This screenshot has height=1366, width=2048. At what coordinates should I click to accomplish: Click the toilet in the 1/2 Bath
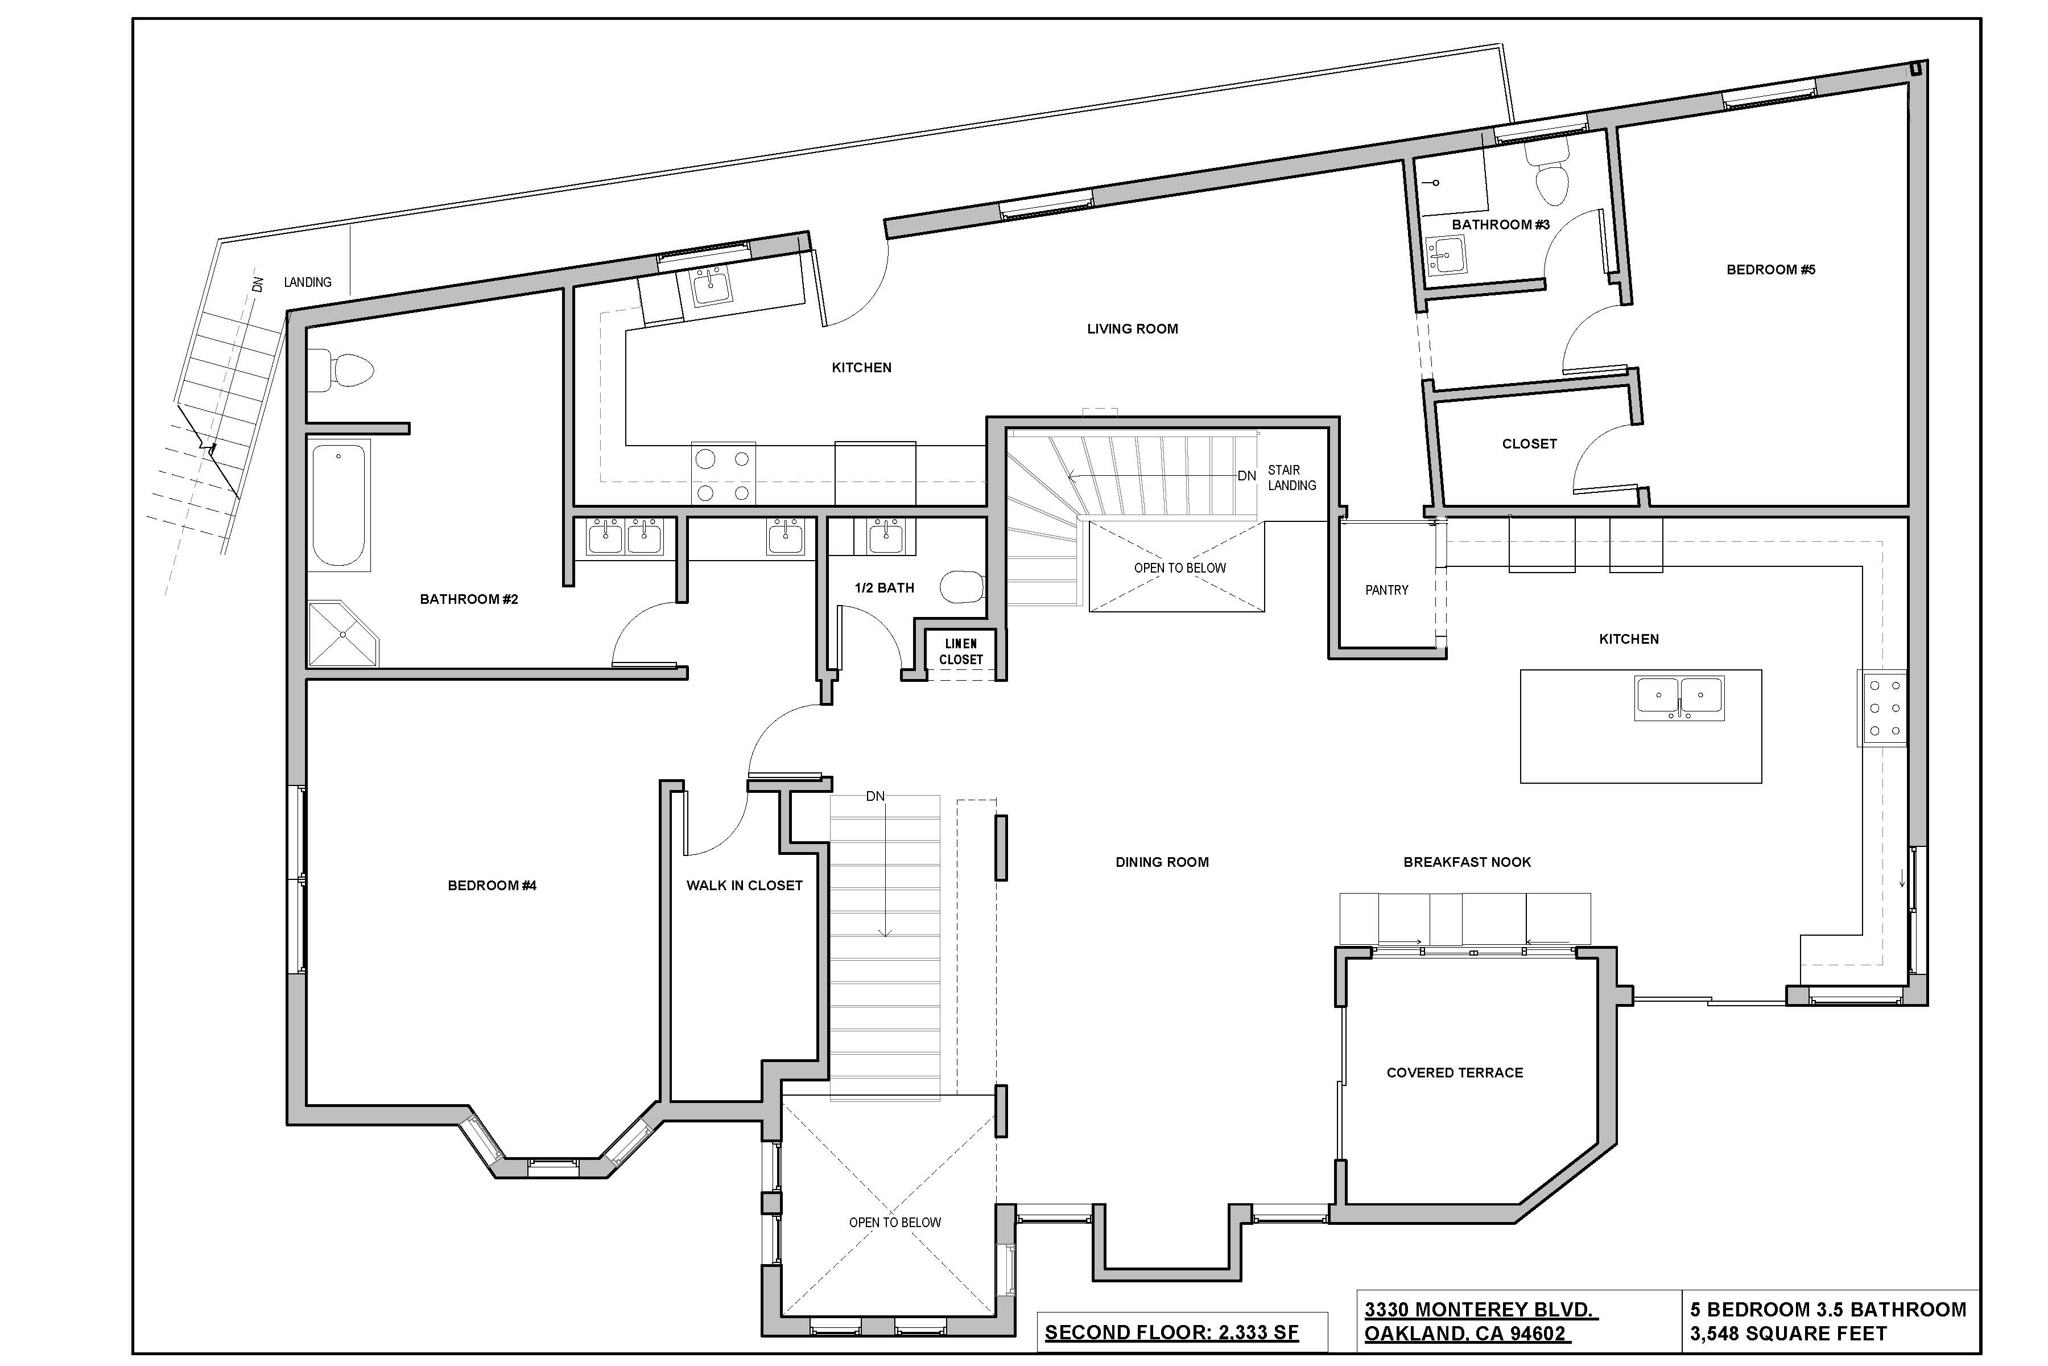tap(961, 587)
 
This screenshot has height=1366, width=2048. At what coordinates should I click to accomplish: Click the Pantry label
tap(1386, 590)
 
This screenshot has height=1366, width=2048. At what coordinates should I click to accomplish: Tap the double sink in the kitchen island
tap(1679, 698)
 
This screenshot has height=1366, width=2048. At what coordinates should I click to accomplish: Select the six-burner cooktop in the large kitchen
tap(1884, 708)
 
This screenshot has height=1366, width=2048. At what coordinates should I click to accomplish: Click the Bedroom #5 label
tap(1770, 269)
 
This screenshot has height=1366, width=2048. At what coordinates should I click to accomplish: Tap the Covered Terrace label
tap(1454, 1072)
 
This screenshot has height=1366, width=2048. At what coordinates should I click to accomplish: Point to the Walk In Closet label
tap(744, 885)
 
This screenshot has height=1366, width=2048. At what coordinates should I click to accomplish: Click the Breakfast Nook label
tap(1467, 862)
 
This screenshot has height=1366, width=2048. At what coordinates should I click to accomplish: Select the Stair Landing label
tap(1291, 478)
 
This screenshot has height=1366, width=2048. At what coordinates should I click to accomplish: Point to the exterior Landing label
tap(307, 282)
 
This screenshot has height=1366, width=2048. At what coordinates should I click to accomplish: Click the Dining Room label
tap(1162, 862)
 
